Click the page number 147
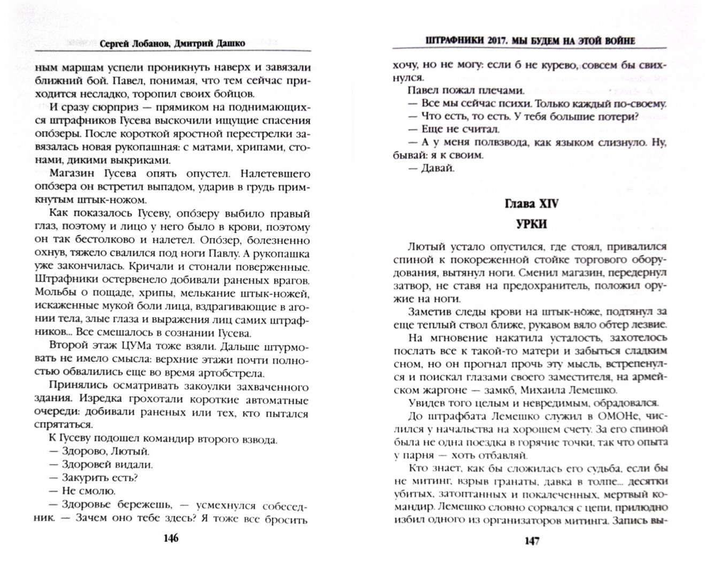531,540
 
